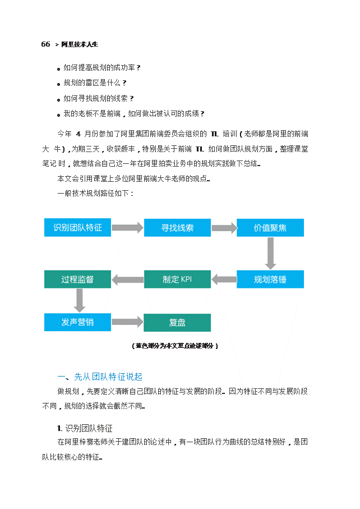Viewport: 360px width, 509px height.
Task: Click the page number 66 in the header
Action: (x=46, y=44)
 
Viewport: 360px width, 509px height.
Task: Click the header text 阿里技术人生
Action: (x=79, y=44)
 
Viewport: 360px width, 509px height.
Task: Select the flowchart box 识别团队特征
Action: (x=78, y=228)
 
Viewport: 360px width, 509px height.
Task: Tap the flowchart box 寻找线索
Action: (x=177, y=228)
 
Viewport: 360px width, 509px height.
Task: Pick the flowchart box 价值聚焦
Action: (x=270, y=228)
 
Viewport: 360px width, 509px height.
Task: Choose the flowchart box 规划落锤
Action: (x=270, y=279)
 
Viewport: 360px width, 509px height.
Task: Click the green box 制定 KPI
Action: (x=177, y=279)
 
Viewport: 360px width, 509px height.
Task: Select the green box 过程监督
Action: (x=78, y=279)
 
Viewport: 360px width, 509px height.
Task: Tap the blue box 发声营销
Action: (x=78, y=322)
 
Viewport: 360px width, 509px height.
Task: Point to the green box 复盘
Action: (x=177, y=323)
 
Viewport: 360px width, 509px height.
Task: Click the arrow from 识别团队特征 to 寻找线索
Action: (x=128, y=228)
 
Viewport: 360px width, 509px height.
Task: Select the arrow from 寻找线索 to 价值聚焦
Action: (x=224, y=228)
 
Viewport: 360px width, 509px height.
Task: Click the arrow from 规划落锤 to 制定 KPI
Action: (x=224, y=279)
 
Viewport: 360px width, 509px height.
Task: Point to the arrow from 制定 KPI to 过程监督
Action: (x=128, y=279)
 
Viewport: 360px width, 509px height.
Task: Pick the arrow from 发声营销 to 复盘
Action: (x=128, y=322)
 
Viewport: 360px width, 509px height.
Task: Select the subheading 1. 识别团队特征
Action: (x=85, y=428)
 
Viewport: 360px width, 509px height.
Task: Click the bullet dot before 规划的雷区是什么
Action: (x=59, y=84)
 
